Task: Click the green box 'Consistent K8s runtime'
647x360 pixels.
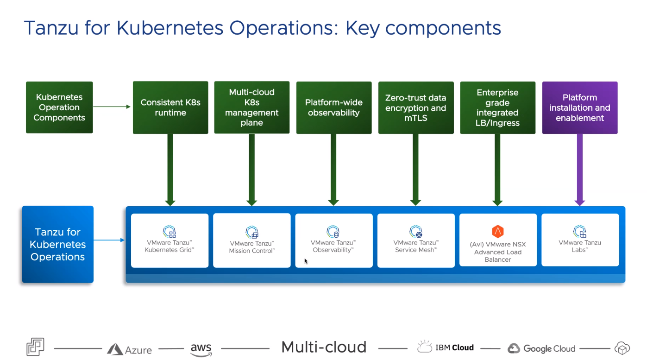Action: tap(170, 107)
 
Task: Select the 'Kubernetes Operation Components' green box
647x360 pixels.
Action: tap(59, 107)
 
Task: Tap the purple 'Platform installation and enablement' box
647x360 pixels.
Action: tap(580, 107)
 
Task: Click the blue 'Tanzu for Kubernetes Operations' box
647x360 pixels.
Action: tap(58, 244)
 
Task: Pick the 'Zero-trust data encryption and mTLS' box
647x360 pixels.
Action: tap(416, 107)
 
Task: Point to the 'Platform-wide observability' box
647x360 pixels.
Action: tap(334, 107)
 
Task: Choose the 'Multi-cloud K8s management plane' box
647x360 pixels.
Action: tap(252, 107)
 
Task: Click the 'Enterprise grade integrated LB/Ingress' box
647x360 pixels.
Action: tap(498, 107)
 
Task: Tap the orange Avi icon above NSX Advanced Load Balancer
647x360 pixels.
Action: tap(498, 231)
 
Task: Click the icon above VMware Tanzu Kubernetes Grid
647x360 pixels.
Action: tap(170, 232)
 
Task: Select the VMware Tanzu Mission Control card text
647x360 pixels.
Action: tap(252, 247)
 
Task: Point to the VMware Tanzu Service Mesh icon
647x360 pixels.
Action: tap(415, 232)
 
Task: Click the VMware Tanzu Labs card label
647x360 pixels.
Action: tap(580, 246)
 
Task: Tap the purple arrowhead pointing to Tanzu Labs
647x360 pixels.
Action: tap(580, 202)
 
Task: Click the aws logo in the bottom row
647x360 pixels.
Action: tap(201, 349)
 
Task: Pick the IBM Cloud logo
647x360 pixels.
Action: tap(446, 347)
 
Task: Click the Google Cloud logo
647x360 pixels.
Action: tap(541, 349)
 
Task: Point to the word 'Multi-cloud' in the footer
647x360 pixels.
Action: tap(324, 347)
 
